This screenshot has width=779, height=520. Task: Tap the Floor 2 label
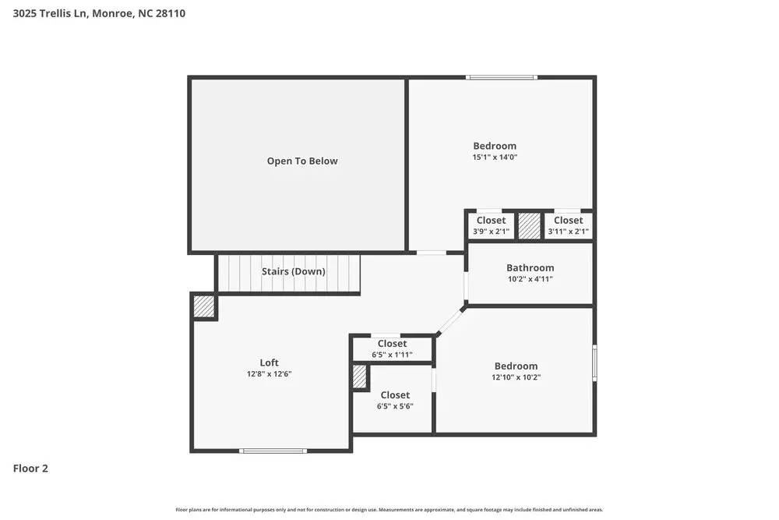tap(30, 469)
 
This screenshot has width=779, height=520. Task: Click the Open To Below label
tap(302, 161)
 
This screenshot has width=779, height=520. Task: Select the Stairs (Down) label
tap(294, 271)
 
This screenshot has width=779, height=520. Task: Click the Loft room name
tap(269, 363)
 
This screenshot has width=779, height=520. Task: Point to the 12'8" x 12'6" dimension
tap(269, 374)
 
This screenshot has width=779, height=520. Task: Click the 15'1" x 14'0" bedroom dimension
tap(495, 157)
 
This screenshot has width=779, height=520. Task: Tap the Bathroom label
tap(530, 267)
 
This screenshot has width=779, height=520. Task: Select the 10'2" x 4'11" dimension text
tap(530, 279)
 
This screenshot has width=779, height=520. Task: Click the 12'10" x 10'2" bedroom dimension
tap(516, 377)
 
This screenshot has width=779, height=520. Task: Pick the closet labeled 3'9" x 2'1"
tap(491, 225)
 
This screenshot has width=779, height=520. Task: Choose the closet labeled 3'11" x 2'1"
tap(568, 225)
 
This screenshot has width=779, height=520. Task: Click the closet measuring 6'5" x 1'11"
tap(392, 348)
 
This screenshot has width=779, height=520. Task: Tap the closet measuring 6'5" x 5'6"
tap(395, 400)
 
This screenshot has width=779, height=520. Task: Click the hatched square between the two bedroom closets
tap(530, 225)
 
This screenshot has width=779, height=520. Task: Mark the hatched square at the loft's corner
tap(205, 306)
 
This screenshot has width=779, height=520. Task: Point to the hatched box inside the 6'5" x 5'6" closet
tap(359, 377)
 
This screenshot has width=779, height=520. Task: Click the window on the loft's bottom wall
tap(273, 451)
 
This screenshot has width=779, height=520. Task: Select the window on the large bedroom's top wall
tap(501, 77)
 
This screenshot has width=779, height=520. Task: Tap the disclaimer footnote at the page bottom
tap(389, 509)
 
